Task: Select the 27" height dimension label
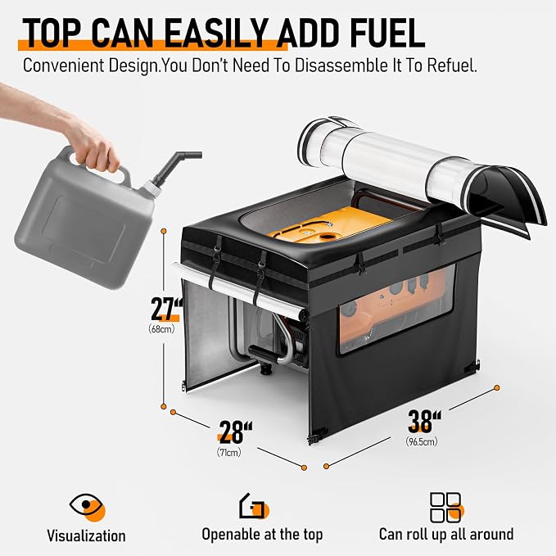(165, 309)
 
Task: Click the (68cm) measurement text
(161, 329)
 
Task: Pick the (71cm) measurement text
(229, 452)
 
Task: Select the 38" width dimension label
(424, 421)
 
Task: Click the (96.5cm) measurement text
(422, 441)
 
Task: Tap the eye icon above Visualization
(88, 506)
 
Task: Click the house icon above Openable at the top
(254, 506)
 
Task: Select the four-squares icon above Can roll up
(447, 507)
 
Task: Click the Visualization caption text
(86, 536)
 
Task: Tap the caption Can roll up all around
(446, 534)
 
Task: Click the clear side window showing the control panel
(396, 308)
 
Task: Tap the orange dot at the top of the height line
(164, 231)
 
